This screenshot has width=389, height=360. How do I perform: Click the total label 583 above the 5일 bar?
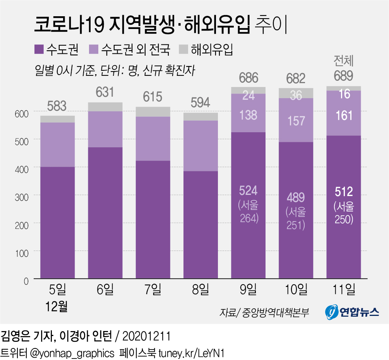click(x=57, y=106)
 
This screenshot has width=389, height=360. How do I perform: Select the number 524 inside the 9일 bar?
click(x=248, y=191)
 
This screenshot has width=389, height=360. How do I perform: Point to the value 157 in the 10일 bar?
click(x=296, y=121)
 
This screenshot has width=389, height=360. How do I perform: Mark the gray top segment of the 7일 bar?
click(x=153, y=111)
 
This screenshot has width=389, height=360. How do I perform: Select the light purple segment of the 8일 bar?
click(x=200, y=146)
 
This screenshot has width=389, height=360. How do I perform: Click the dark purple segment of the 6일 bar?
click(x=105, y=213)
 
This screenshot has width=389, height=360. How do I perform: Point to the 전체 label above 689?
click(x=344, y=61)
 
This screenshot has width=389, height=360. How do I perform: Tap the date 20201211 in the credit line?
click(x=146, y=335)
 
